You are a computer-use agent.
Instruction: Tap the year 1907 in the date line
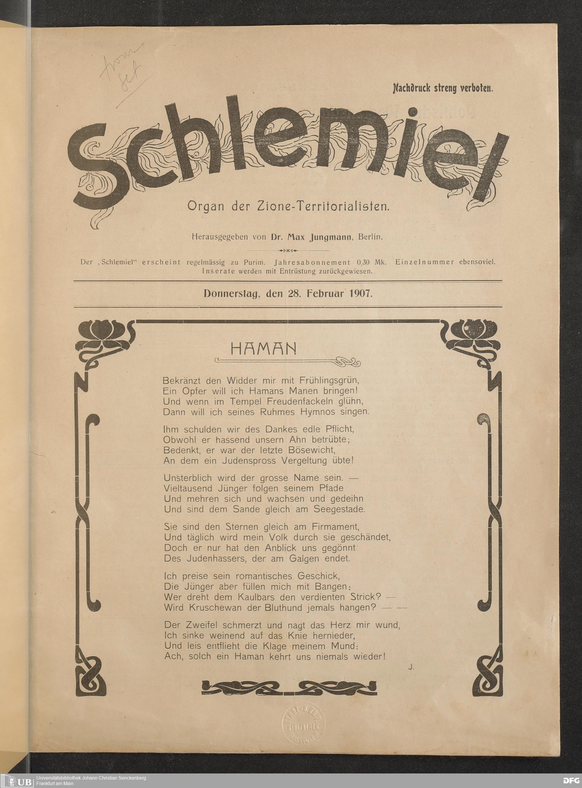click(x=360, y=294)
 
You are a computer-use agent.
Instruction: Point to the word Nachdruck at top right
click(x=410, y=88)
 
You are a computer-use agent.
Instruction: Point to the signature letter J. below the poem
click(x=411, y=666)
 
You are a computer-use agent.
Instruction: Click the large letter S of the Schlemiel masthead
click(x=95, y=169)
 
